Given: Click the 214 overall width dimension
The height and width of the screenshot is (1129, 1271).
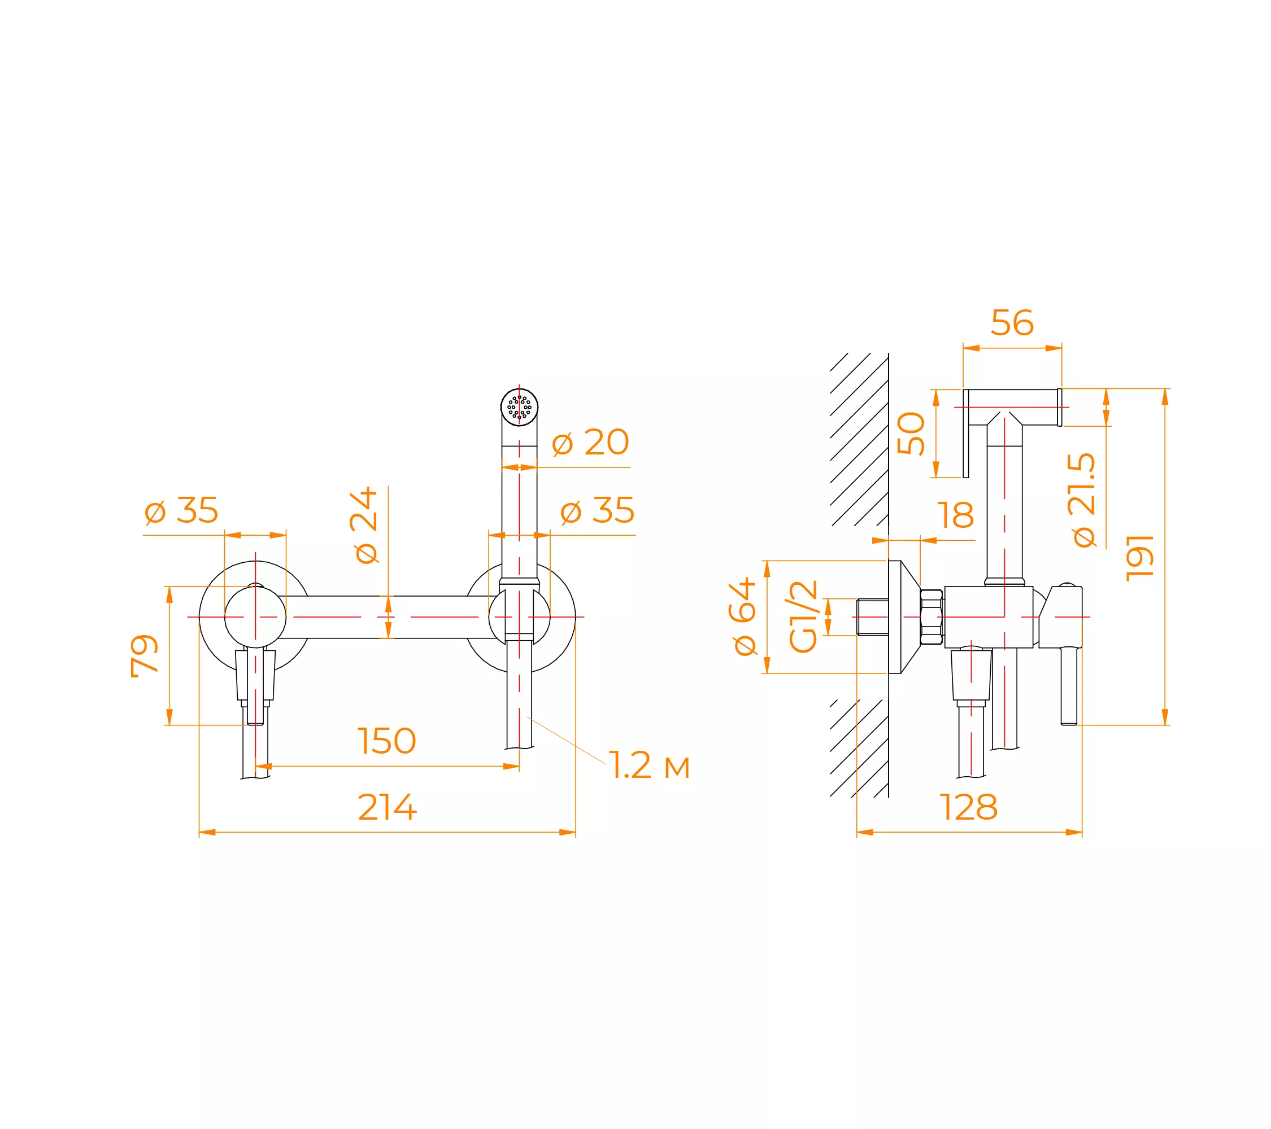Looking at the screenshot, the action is click(x=387, y=807).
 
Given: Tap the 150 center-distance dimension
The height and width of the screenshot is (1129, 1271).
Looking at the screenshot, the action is click(x=387, y=741).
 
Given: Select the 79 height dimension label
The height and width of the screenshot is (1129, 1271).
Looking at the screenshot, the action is click(x=144, y=655).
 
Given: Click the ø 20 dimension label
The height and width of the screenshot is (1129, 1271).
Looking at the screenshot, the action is click(x=591, y=443).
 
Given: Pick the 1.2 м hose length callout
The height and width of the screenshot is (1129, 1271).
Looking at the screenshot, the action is click(x=649, y=765).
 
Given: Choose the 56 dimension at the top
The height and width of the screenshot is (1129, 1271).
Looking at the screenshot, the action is click(x=1012, y=323).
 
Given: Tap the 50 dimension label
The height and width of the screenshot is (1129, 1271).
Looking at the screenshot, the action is click(x=911, y=433).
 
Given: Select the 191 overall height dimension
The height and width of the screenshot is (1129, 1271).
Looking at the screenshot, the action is click(x=1141, y=557).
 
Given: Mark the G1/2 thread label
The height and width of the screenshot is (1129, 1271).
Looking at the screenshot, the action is click(x=803, y=616).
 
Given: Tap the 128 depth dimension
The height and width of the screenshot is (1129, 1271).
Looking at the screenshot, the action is click(x=969, y=807).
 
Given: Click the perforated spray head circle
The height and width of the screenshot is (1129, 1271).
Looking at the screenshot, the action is click(x=519, y=407).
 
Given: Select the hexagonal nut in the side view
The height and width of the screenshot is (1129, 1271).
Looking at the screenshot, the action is click(x=932, y=616).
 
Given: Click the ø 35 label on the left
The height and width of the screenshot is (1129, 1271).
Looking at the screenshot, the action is click(x=181, y=510).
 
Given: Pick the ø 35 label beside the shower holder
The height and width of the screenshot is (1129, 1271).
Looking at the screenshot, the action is click(x=598, y=510).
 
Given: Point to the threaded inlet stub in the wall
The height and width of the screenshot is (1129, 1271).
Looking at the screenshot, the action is click(x=872, y=617).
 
